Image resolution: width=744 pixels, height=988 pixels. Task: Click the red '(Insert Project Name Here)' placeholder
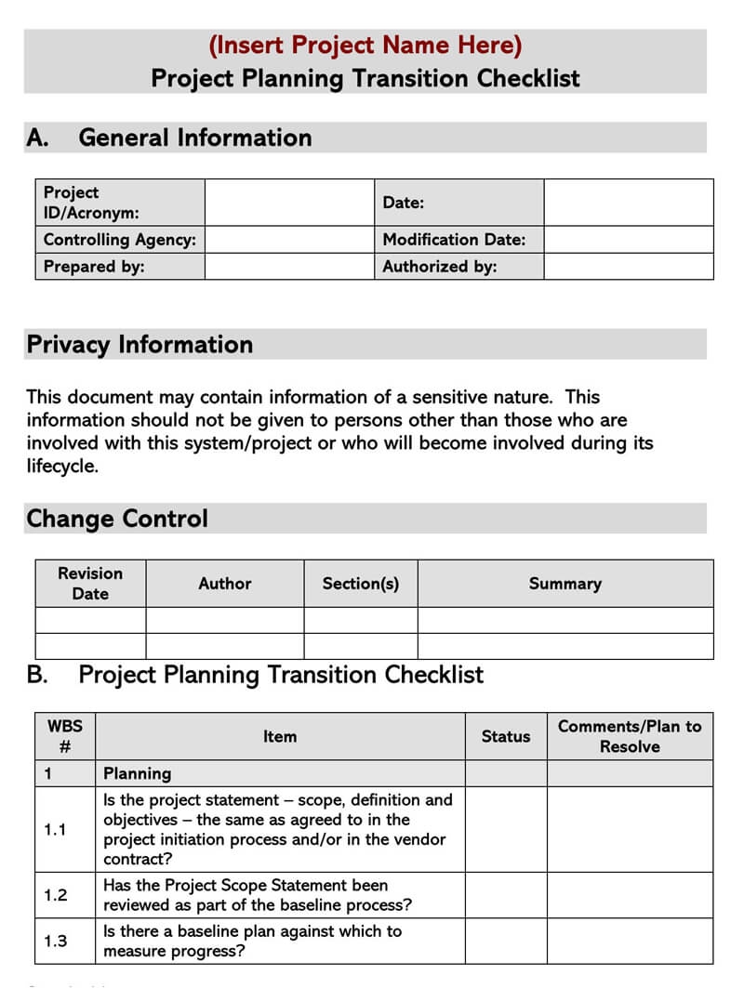pyautogui.click(x=365, y=45)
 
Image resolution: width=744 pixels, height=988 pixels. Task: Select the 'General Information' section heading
pyautogui.click(x=194, y=138)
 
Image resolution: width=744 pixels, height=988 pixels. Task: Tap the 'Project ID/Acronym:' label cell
pyautogui.click(x=120, y=203)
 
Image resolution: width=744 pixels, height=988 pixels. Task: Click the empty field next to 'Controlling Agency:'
pyautogui.click(x=289, y=240)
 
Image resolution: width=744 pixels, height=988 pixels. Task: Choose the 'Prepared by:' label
pyautogui.click(x=94, y=267)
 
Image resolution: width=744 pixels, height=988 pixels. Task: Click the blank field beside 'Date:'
pyautogui.click(x=629, y=203)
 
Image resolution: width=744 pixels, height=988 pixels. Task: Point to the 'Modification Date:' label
pyautogui.click(x=454, y=240)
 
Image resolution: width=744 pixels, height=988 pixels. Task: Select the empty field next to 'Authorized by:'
pyautogui.click(x=629, y=267)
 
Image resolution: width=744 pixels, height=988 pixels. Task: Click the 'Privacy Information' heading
pyautogui.click(x=139, y=345)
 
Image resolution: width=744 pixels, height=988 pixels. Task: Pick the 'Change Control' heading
pyautogui.click(x=117, y=519)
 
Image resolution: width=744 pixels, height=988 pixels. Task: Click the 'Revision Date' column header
pyautogui.click(x=90, y=584)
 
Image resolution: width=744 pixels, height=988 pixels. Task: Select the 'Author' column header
pyautogui.click(x=225, y=584)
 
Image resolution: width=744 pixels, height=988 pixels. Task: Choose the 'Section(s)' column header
pyautogui.click(x=361, y=584)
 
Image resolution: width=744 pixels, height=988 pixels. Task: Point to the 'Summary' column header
pyautogui.click(x=565, y=584)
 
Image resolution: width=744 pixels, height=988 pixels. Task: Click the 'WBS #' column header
pyautogui.click(x=65, y=736)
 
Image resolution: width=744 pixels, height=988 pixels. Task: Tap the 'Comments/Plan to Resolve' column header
pyautogui.click(x=630, y=736)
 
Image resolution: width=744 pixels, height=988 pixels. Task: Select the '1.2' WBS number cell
pyautogui.click(x=56, y=895)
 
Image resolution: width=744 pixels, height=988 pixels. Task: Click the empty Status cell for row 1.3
pyautogui.click(x=505, y=941)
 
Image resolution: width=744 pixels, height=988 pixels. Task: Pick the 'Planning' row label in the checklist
pyautogui.click(x=138, y=773)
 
